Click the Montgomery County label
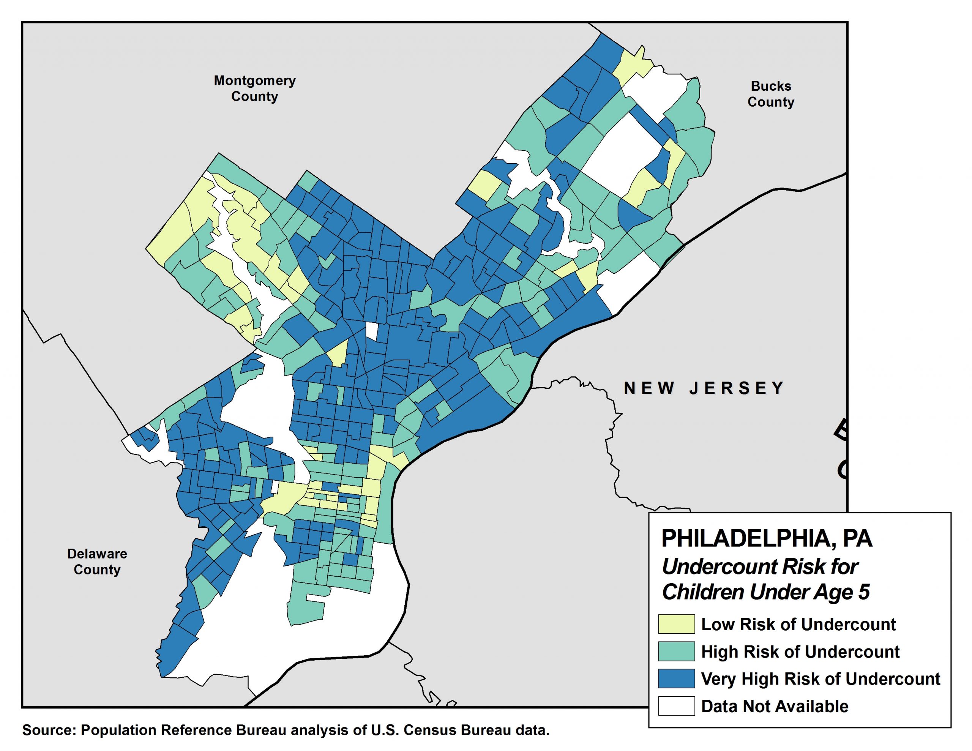(x=254, y=88)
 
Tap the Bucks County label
(x=770, y=94)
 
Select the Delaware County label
(x=97, y=562)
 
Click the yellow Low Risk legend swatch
(x=676, y=624)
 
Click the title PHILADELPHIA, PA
(x=766, y=539)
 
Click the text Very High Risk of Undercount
(x=820, y=678)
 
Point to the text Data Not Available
(x=775, y=706)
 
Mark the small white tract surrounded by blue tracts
(x=371, y=331)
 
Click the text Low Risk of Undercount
(x=798, y=624)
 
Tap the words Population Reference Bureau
(x=183, y=730)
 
